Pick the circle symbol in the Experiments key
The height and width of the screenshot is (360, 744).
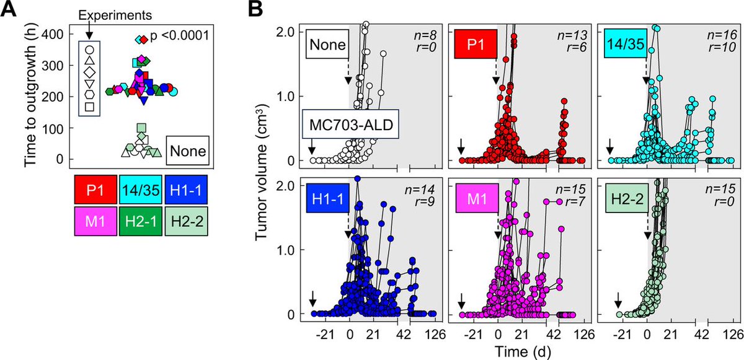[89, 49]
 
